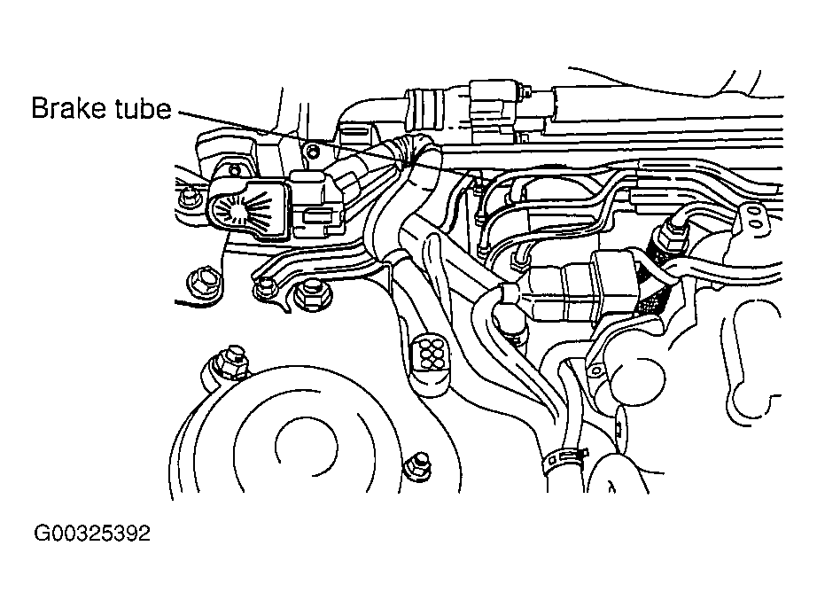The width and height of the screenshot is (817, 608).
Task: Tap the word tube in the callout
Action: [x=144, y=108]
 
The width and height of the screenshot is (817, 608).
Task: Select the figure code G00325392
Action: [x=92, y=533]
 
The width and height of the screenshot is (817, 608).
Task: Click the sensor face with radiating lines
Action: [x=245, y=209]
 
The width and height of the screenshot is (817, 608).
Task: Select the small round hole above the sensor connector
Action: [x=312, y=152]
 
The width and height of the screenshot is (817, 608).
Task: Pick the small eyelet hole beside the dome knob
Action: [x=595, y=371]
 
